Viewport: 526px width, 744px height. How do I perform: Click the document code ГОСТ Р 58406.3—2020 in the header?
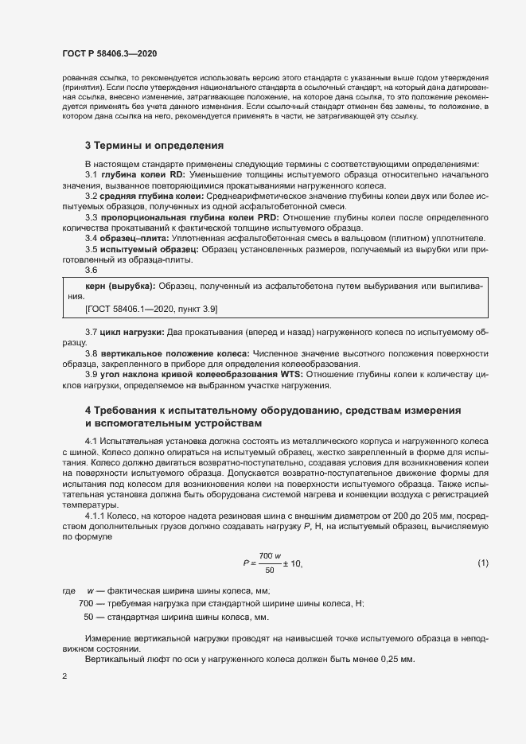[109, 53]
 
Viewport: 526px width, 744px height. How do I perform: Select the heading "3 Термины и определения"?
[154, 146]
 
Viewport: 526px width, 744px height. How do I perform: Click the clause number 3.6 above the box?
[91, 271]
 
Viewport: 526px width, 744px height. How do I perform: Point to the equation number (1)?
[482, 563]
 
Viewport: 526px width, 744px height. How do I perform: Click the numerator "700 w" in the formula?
[271, 555]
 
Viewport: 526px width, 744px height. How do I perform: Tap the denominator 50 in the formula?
[270, 571]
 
